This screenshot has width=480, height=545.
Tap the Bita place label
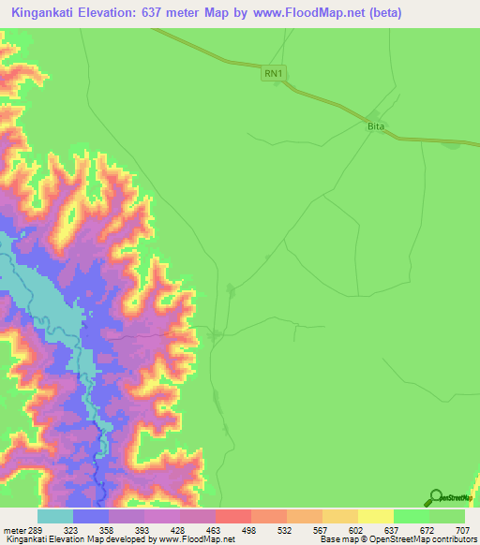tap(376, 125)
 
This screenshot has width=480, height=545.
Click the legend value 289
tap(37, 528)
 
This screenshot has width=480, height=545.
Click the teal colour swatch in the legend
tap(55, 516)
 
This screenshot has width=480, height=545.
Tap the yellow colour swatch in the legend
tap(376, 516)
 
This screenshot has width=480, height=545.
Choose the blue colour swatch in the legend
tap(91, 516)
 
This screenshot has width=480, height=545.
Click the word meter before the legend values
tap(16, 528)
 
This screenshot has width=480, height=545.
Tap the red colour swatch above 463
tap(233, 516)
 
